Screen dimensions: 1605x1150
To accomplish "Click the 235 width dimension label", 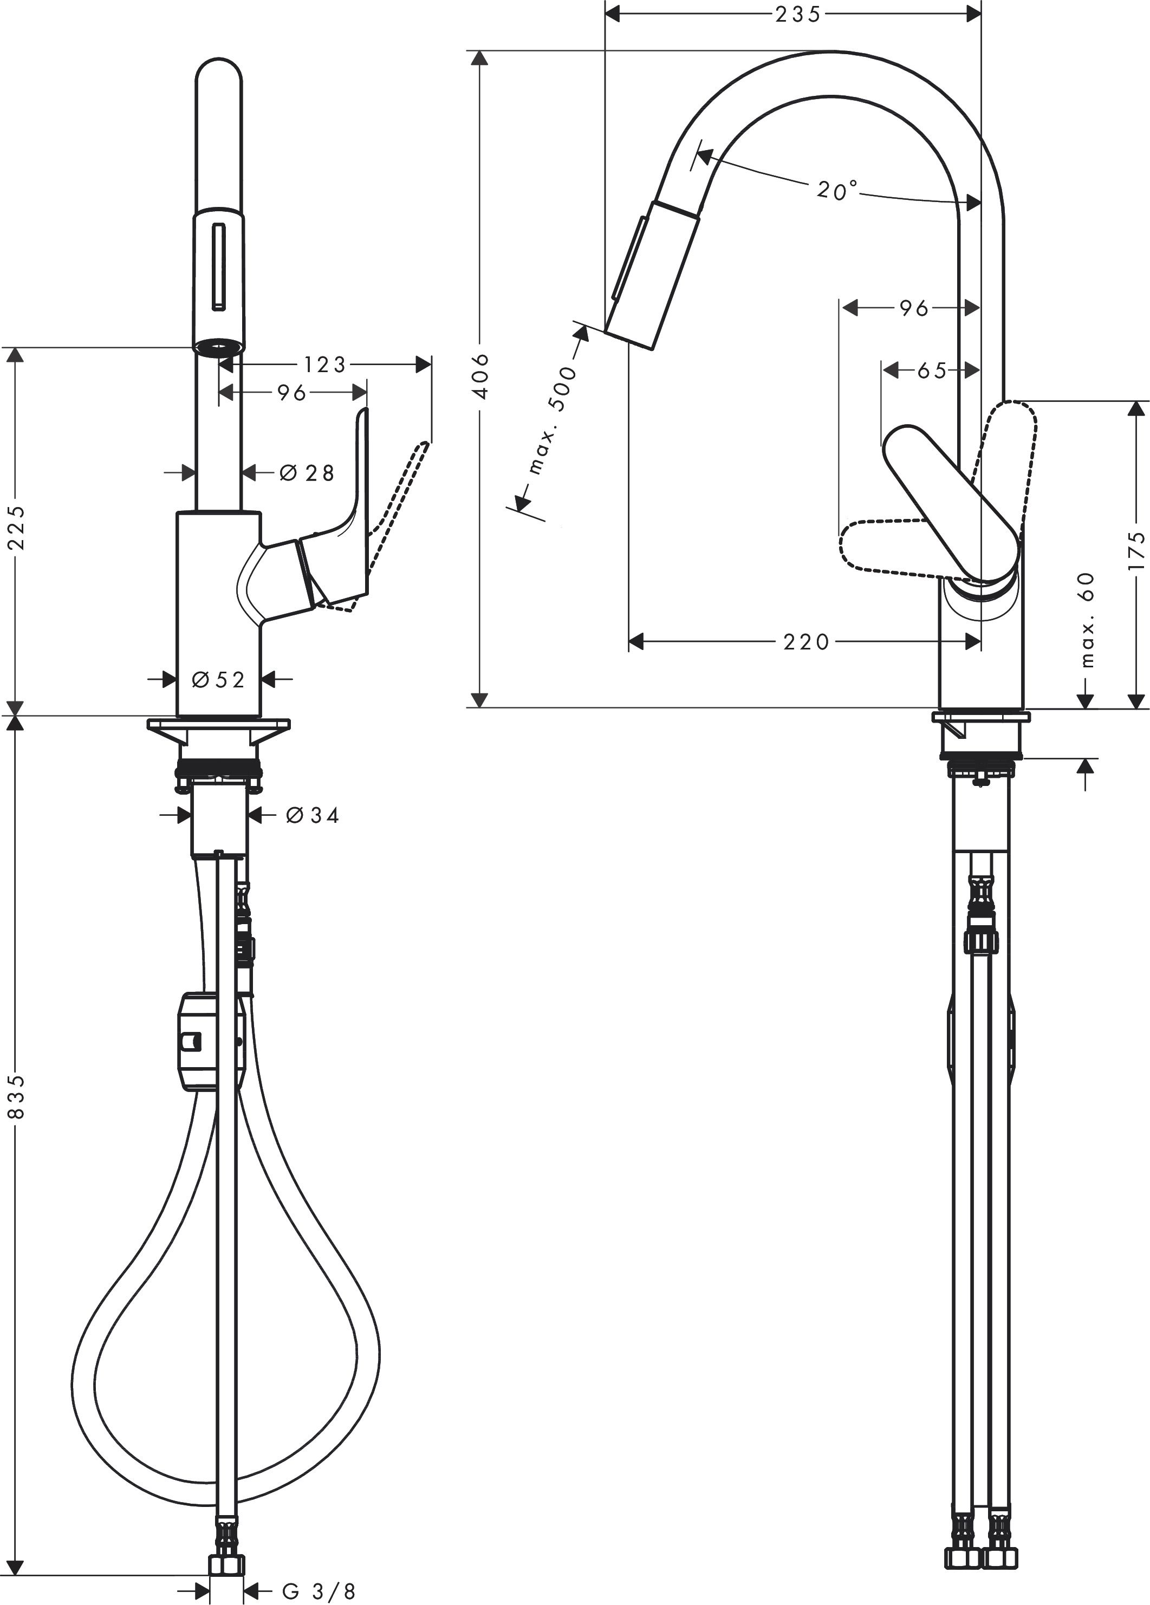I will pyautogui.click(x=797, y=14).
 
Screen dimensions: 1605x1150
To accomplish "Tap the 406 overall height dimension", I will pyautogui.click(x=480, y=376).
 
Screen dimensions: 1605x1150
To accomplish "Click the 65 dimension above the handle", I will pyautogui.click(x=931, y=370).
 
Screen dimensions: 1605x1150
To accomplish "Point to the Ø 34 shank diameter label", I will pyautogui.click(x=312, y=815).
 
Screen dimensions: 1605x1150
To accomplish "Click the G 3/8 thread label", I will pyautogui.click(x=319, y=1591).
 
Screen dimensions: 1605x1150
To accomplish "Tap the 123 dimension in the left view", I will pyautogui.click(x=325, y=365).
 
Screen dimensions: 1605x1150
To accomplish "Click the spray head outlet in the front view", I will pyautogui.click(x=219, y=347).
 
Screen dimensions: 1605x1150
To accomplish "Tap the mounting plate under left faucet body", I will pyautogui.click(x=219, y=725).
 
